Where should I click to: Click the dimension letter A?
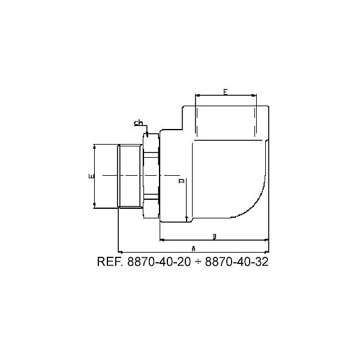[193, 247]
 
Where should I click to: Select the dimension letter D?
[181, 181]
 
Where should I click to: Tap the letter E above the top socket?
[225, 92]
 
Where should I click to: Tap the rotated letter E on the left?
[90, 176]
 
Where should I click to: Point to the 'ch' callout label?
[138, 123]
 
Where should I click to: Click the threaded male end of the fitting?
[129, 176]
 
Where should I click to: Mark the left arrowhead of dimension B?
[161, 240]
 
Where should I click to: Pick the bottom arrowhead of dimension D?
[187, 220]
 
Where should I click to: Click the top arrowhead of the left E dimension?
[95, 146]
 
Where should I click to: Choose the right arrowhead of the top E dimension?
[254, 96]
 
